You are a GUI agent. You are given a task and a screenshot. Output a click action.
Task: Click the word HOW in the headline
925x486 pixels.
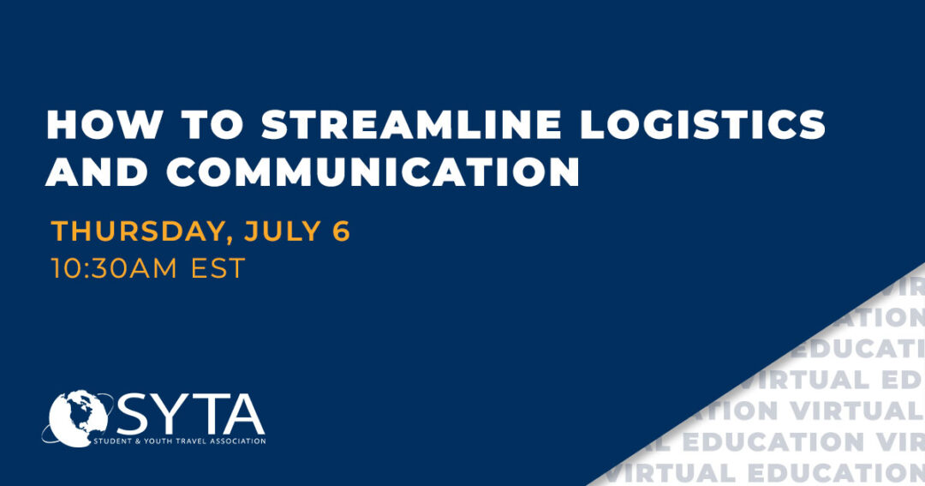pyautogui.click(x=104, y=124)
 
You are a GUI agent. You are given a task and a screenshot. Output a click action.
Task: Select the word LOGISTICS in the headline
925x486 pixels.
pyautogui.click(x=702, y=124)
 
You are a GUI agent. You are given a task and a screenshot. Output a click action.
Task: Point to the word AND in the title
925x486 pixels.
pyautogui.click(x=97, y=171)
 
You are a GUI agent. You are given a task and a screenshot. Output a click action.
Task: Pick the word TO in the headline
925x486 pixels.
pyautogui.click(x=212, y=124)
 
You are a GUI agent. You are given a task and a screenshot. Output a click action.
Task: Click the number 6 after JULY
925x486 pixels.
pyautogui.click(x=341, y=231)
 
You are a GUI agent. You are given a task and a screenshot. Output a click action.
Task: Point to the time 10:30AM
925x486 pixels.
pyautogui.click(x=114, y=268)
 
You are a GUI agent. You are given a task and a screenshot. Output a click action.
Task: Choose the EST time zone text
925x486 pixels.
pyautogui.click(x=218, y=268)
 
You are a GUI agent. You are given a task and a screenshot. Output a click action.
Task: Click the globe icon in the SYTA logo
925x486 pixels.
pyautogui.click(x=79, y=418)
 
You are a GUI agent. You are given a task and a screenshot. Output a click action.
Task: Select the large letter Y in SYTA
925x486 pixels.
pyautogui.click(x=170, y=415)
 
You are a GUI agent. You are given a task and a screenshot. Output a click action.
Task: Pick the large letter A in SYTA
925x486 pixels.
pyautogui.click(x=243, y=415)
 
